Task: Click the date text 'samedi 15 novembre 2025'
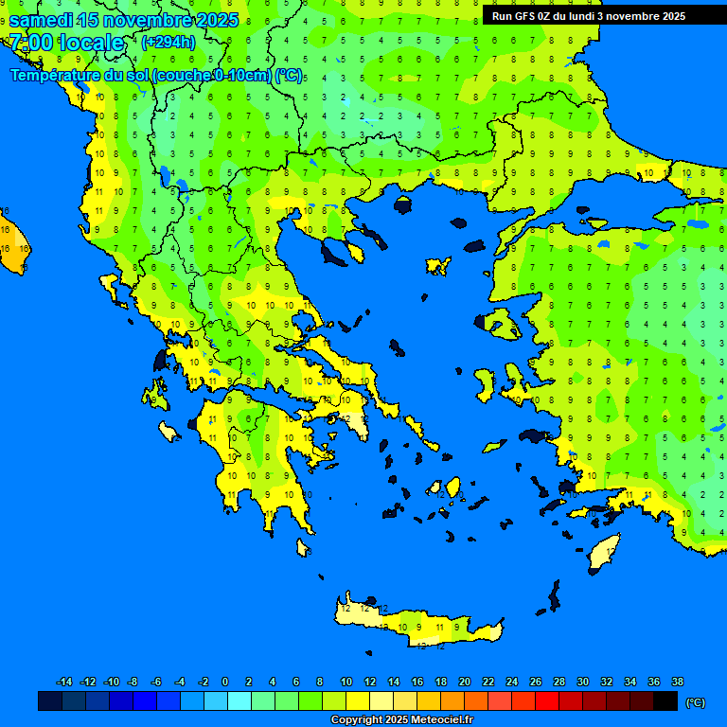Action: (123, 19)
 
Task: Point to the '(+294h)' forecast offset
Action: (168, 42)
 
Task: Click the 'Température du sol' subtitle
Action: (156, 76)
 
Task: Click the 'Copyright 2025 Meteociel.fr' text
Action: (401, 719)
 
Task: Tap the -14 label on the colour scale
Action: (64, 682)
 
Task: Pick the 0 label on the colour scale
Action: (225, 682)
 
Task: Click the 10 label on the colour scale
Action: (346, 682)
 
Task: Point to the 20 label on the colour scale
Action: (464, 682)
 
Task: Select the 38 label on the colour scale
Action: (677, 682)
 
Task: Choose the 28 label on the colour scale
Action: (559, 682)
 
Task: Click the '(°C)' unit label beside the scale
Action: (695, 702)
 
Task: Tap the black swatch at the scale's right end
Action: (665, 701)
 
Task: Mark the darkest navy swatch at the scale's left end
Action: (50, 701)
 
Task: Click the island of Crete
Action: (421, 625)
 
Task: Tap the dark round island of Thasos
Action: (403, 205)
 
